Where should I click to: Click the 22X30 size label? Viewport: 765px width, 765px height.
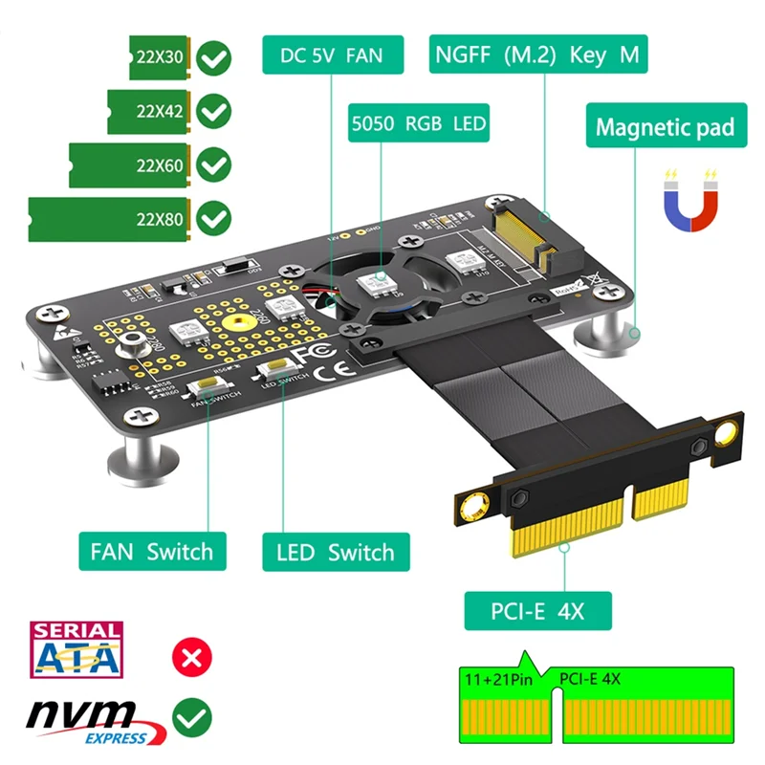161,57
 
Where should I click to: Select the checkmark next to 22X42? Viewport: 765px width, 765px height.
213,111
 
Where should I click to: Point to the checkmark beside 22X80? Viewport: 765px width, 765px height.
213,219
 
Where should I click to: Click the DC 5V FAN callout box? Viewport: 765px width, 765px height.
332,55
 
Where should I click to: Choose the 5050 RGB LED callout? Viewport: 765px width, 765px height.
418,123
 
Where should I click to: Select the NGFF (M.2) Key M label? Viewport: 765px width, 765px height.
536,55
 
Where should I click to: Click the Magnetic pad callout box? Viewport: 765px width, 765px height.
665,127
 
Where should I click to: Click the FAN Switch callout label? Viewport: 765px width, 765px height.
152,552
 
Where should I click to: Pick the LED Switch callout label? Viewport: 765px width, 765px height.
335,553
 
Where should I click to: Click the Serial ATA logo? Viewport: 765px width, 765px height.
77,651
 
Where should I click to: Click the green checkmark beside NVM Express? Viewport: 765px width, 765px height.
191,717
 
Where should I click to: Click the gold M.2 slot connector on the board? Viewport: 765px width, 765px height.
520,235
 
